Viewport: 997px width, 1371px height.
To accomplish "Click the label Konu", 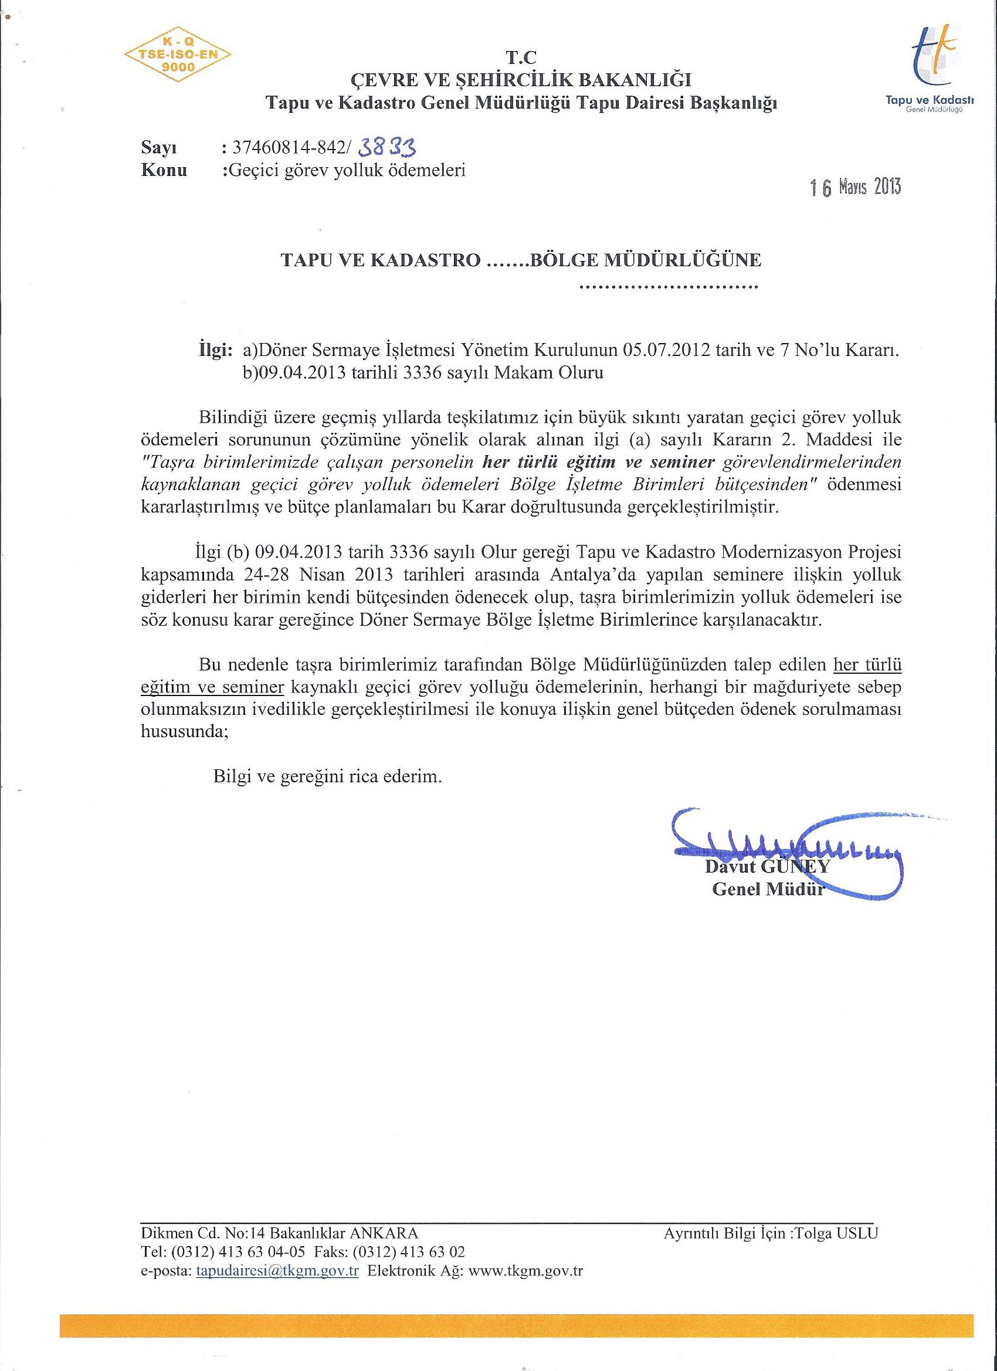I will tap(164, 171).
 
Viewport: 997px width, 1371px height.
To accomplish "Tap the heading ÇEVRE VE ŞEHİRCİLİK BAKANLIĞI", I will tap(521, 80).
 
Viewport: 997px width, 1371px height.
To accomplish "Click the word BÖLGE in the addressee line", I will tap(564, 260).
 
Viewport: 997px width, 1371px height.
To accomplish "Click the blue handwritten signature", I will tap(786, 843).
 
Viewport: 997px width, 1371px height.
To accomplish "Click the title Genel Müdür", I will tap(768, 890).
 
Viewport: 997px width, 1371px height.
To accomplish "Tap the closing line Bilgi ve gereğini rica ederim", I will tap(327, 776).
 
